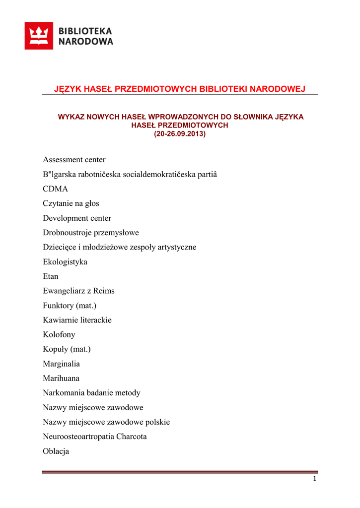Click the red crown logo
coord(39,36)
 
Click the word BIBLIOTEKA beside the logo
coord(85,31)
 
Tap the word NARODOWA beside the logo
coord(85,42)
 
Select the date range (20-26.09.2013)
coord(179,134)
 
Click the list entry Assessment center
coord(74,160)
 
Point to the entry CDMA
coord(55,189)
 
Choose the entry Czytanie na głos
coord(71,203)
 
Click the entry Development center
coord(77,218)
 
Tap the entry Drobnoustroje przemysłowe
coord(91,233)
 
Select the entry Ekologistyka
coord(65,262)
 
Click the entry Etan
coord(50,276)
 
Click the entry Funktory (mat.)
coord(70,306)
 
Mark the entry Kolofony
coord(59,334)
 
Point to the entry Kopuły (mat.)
coord(67,349)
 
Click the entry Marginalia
coord(61,364)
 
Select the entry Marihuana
coord(61,378)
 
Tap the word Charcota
coord(131,437)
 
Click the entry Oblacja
coord(56,451)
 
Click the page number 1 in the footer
coord(314,479)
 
